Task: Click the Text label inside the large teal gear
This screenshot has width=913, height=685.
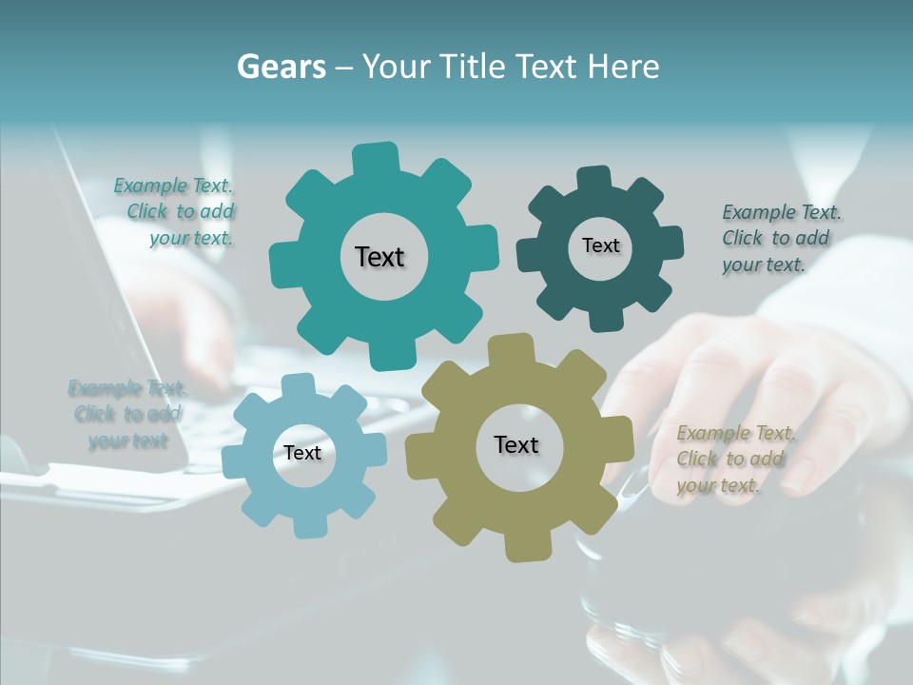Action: (380, 257)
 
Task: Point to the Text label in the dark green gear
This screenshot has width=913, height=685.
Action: (601, 245)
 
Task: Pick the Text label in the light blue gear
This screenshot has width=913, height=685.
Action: (302, 454)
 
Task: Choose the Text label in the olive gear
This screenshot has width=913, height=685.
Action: (516, 445)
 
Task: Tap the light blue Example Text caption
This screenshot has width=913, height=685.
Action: (126, 414)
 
